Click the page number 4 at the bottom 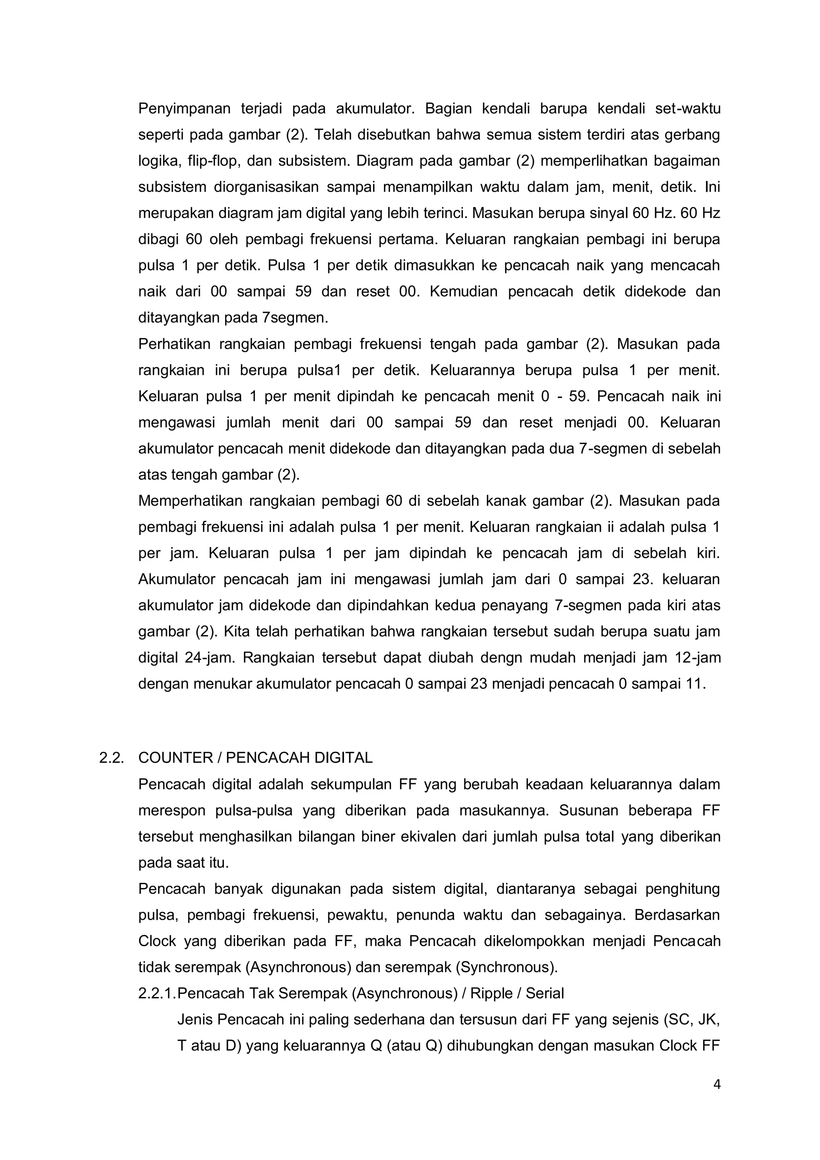point(716,1098)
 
